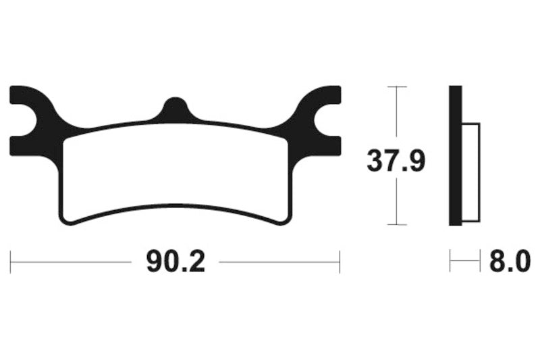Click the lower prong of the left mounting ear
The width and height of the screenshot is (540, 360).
(x=27, y=144)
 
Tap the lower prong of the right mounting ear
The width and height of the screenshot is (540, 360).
(x=323, y=144)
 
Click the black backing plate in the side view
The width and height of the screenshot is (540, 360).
(x=455, y=155)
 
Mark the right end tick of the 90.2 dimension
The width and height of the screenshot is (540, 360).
(x=340, y=261)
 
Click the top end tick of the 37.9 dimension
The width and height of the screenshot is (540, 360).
(x=396, y=87)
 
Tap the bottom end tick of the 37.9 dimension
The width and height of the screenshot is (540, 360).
(x=396, y=224)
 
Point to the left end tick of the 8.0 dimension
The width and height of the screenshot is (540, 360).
(x=450, y=261)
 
